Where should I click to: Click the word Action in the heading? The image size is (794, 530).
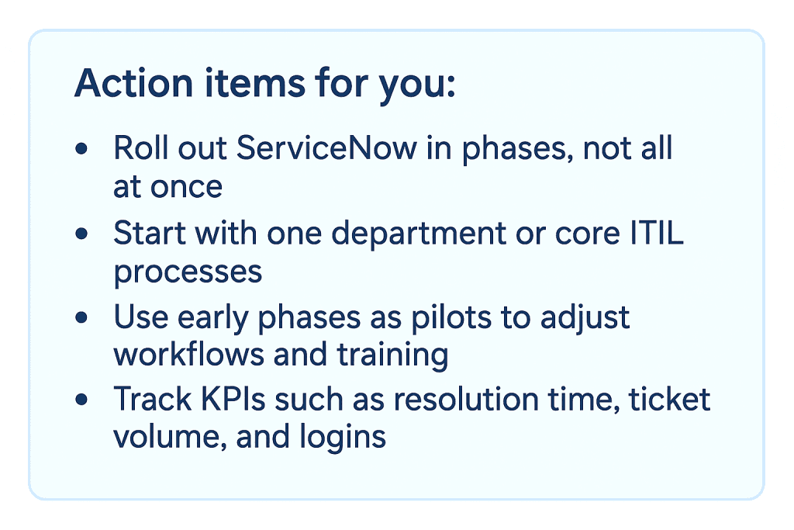(x=133, y=82)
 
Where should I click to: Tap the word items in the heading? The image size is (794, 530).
(x=254, y=82)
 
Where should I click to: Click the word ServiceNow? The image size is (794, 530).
(x=326, y=148)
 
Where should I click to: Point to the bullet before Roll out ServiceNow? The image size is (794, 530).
(x=81, y=148)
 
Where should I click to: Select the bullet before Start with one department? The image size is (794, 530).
(x=81, y=233)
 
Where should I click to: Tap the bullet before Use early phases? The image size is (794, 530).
(x=81, y=317)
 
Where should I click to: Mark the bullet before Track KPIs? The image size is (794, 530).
(x=81, y=400)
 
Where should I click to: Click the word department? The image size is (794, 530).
(x=419, y=234)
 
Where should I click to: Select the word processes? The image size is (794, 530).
(x=188, y=272)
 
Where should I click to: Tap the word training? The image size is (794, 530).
(x=392, y=355)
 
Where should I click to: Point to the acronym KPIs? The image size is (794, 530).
(x=233, y=400)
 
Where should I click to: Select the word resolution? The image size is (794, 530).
(x=466, y=400)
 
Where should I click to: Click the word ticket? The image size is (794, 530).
(x=669, y=400)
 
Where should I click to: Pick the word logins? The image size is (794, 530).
(x=342, y=438)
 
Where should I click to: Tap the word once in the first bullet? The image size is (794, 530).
(x=186, y=188)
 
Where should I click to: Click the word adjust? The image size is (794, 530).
(x=585, y=318)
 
